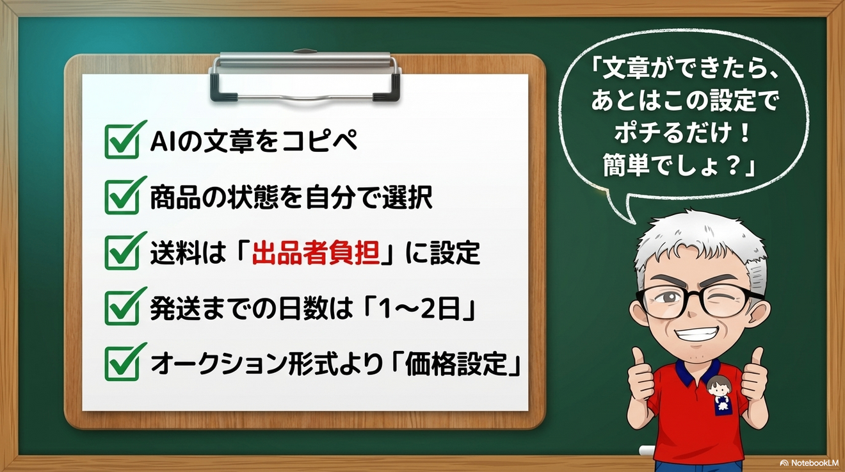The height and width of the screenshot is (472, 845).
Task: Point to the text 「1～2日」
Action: [x=416, y=309]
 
